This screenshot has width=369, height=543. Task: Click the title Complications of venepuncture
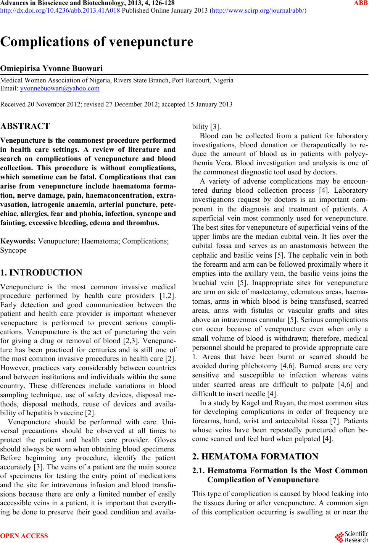pyautogui.click(x=97, y=42)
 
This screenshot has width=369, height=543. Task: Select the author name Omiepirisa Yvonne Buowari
pyautogui.click(x=52, y=69)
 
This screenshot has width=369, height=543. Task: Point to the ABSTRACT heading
pyautogui.click(x=25, y=126)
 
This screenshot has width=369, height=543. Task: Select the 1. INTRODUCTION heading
pyautogui.click(x=41, y=272)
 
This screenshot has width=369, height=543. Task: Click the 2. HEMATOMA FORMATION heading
pyautogui.click(x=255, y=457)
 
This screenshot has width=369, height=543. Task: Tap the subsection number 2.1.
pyautogui.click(x=200, y=470)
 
